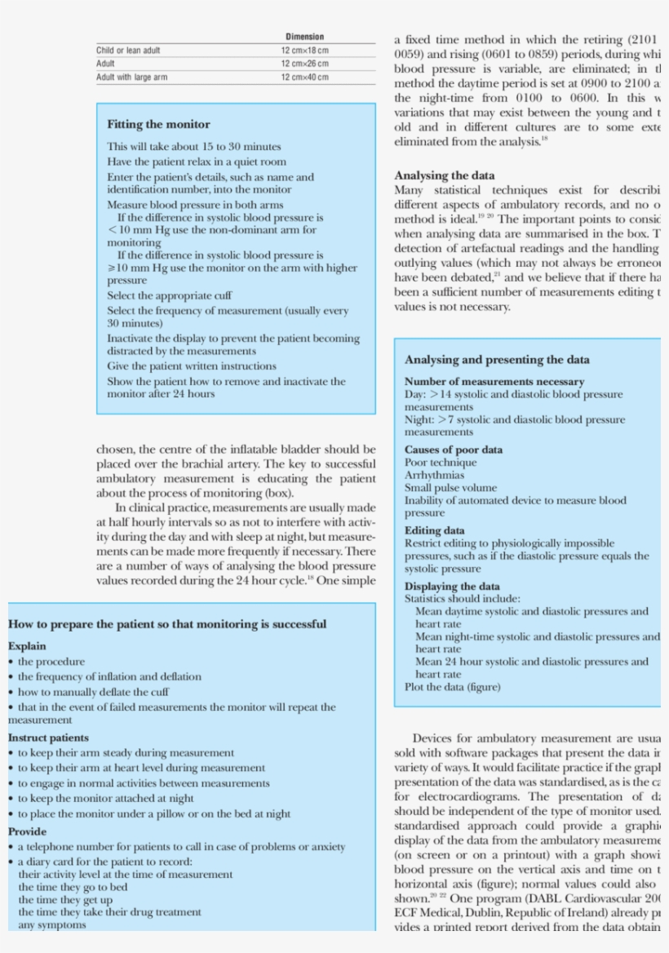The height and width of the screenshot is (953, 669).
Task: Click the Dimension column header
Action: [x=304, y=37]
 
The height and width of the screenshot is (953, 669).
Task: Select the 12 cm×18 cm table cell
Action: [x=304, y=51]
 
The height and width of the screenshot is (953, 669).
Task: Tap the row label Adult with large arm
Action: [x=132, y=78]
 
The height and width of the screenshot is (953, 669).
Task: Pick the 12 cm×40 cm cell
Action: [x=304, y=78]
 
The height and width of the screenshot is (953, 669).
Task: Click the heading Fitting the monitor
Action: [x=158, y=125]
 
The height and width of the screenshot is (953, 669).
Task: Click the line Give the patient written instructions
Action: [x=192, y=366]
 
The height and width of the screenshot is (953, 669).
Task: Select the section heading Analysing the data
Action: [x=444, y=175]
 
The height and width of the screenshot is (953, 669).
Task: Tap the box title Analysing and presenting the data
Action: [x=497, y=360]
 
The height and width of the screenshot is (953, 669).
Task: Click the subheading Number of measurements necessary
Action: [x=494, y=382]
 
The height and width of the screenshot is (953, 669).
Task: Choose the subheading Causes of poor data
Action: [x=454, y=450]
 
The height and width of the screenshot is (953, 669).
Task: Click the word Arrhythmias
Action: [x=434, y=475]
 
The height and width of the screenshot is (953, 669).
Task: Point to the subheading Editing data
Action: [x=435, y=530]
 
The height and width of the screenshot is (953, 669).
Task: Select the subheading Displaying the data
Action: [x=452, y=586]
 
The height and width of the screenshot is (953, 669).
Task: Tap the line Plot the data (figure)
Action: [x=452, y=687]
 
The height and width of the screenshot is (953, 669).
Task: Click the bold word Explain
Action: [x=27, y=646]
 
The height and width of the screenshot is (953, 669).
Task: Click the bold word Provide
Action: [x=28, y=831]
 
